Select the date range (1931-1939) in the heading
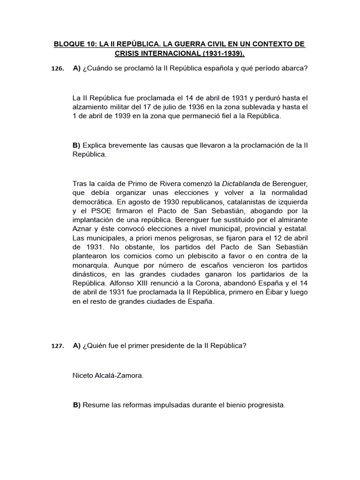[224, 53]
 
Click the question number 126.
[57, 69]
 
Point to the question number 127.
[57, 346]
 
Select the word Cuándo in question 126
[99, 68]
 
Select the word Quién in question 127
[98, 346]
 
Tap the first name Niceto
[83, 375]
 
